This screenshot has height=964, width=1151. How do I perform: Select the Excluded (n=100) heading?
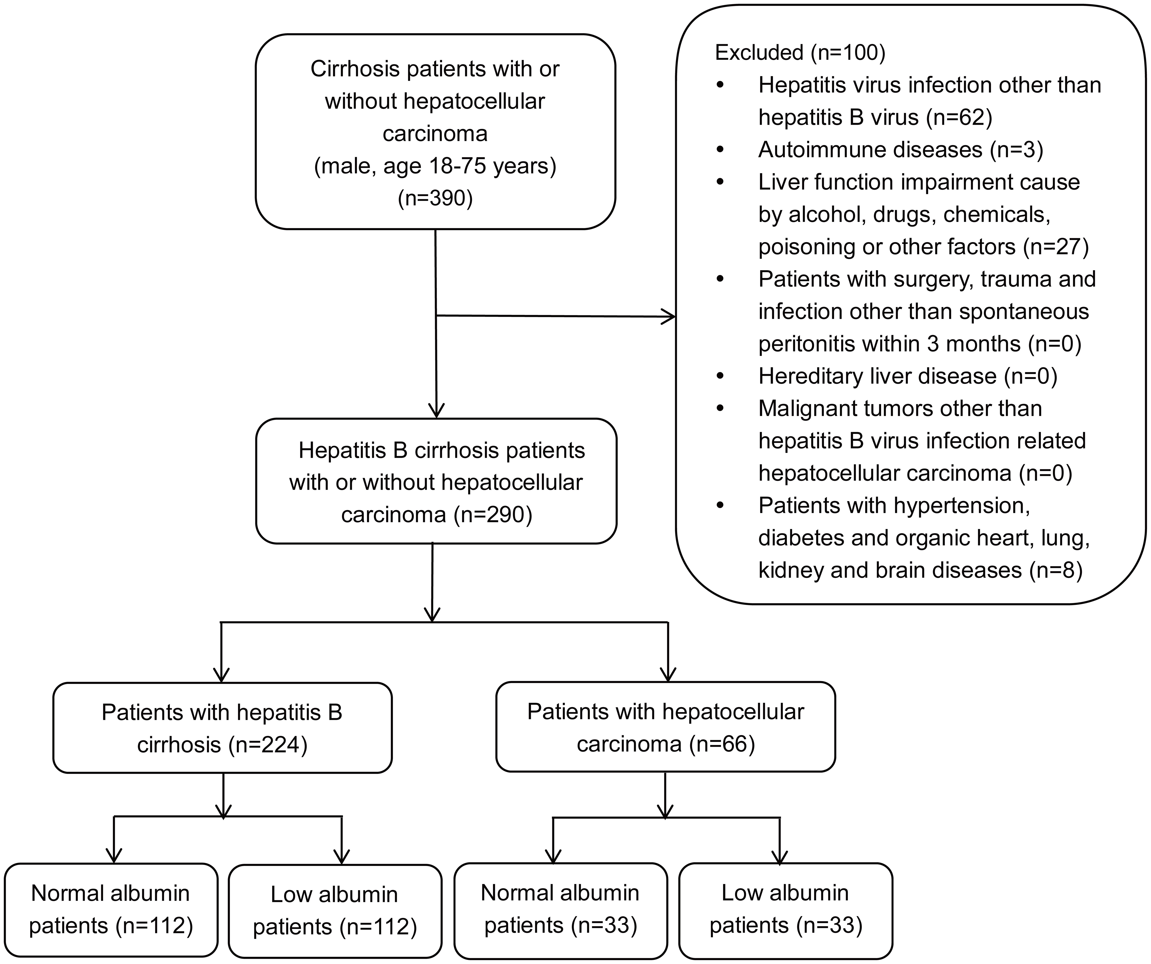pos(800,53)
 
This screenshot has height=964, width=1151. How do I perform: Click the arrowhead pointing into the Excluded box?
pos(670,316)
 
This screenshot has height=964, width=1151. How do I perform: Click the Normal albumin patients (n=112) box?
pos(111,910)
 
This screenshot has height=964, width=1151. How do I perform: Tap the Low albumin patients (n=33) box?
pos(785,910)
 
